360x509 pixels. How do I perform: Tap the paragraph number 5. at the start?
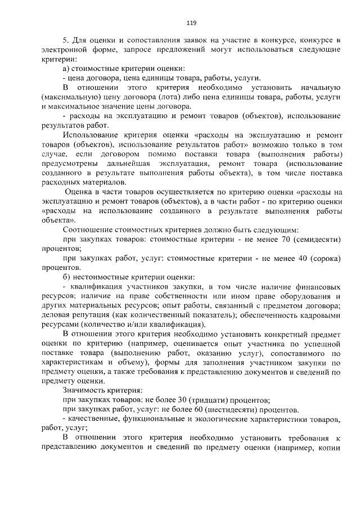click(x=66, y=41)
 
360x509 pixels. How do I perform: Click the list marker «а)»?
click(x=66, y=69)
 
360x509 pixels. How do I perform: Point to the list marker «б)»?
click(x=66, y=277)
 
